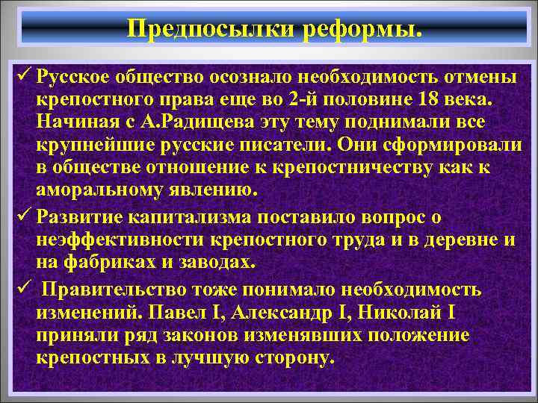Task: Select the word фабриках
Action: pos(110,263)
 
